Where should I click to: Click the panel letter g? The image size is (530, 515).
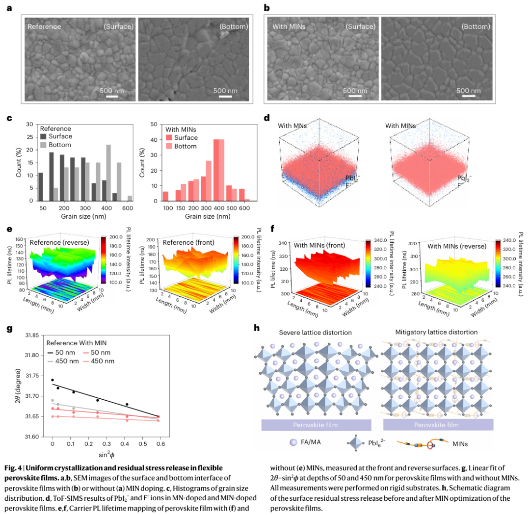pyautogui.click(x=9, y=329)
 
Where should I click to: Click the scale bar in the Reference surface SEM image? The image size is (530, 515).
pyautogui.click(x=112, y=96)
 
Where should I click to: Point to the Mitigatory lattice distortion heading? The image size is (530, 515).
pyautogui.click(x=436, y=332)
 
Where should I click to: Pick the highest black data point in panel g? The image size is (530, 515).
pyautogui.click(x=53, y=380)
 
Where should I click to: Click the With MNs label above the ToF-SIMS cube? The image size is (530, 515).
pyautogui.click(x=292, y=126)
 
